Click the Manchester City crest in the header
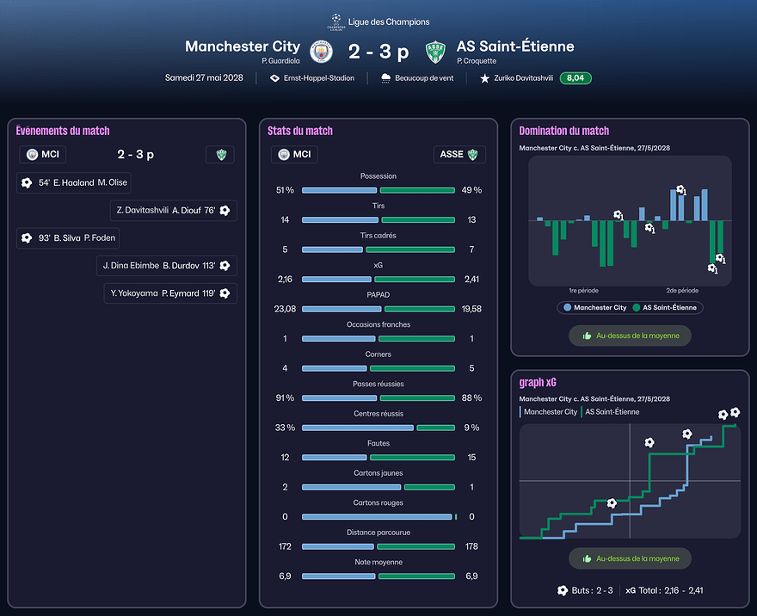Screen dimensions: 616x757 pyautogui.click(x=322, y=52)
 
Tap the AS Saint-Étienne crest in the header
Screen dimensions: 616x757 pyautogui.click(x=436, y=52)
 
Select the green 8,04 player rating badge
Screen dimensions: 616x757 pyautogui.click(x=575, y=78)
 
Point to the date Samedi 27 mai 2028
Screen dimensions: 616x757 pyautogui.click(x=204, y=78)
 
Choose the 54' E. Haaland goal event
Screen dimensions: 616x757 pyautogui.click(x=74, y=182)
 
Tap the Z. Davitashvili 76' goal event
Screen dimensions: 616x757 pyautogui.click(x=174, y=210)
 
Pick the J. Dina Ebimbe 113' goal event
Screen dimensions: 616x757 pyautogui.click(x=167, y=266)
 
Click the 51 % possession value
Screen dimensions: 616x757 pyautogui.click(x=285, y=190)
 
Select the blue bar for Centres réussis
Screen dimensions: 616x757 pyautogui.click(x=357, y=428)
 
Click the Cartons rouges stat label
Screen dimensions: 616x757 pyautogui.click(x=378, y=503)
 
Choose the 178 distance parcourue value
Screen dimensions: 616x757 pyautogui.click(x=471, y=546)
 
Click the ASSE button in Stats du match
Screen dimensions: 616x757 pyautogui.click(x=459, y=155)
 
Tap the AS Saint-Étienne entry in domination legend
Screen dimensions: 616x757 pyautogui.click(x=666, y=307)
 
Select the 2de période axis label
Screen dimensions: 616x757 pyautogui.click(x=682, y=291)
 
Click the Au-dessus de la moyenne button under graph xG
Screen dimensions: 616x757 pyautogui.click(x=630, y=558)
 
